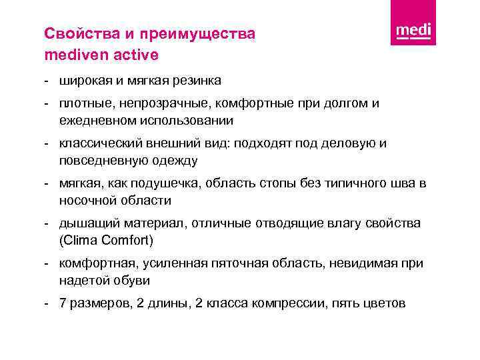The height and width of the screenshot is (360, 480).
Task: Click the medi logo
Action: [413, 31]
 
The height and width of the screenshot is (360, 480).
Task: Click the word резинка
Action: [197, 80]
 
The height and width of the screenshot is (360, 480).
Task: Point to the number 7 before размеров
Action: [63, 303]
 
